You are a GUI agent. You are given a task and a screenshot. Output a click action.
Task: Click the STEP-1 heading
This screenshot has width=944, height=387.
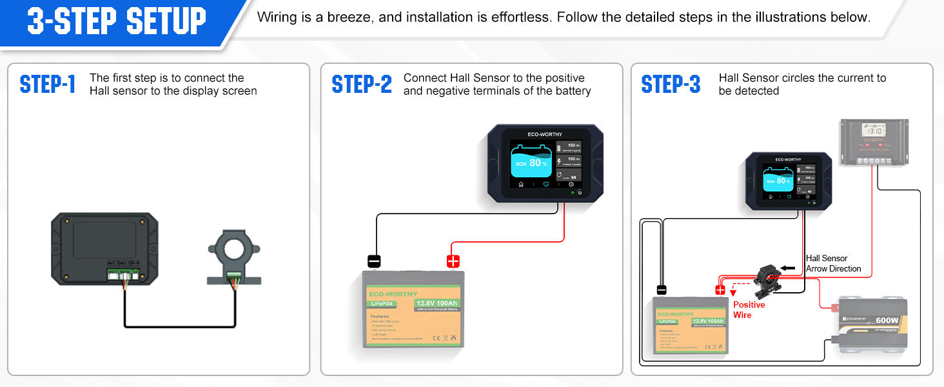pyautogui.click(x=48, y=84)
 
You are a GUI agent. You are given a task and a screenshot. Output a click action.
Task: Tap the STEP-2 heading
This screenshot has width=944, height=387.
pyautogui.click(x=361, y=84)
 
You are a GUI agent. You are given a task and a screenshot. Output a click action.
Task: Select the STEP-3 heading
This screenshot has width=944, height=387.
pyautogui.click(x=671, y=84)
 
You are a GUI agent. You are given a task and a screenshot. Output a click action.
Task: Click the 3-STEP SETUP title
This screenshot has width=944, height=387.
pyautogui.click(x=117, y=21)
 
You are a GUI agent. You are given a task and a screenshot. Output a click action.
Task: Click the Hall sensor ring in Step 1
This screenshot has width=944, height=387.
pyautogui.click(x=234, y=248)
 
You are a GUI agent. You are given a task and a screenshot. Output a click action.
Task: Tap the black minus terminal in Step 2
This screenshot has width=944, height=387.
pyautogui.click(x=374, y=261)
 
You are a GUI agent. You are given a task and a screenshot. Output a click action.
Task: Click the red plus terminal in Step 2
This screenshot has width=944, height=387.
pyautogui.click(x=453, y=261)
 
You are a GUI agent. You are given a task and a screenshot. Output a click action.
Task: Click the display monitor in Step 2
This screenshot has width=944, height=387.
pyautogui.click(x=545, y=164)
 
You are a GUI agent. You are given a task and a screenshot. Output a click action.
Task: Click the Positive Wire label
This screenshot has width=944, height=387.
pyautogui.click(x=749, y=310)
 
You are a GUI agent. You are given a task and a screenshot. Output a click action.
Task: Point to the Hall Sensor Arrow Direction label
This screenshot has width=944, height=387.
pyautogui.click(x=833, y=263)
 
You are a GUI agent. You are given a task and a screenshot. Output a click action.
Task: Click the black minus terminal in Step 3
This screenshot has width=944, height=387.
pyautogui.click(x=661, y=290)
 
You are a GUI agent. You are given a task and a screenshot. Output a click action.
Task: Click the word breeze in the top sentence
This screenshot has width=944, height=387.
pyautogui.click(x=349, y=17)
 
